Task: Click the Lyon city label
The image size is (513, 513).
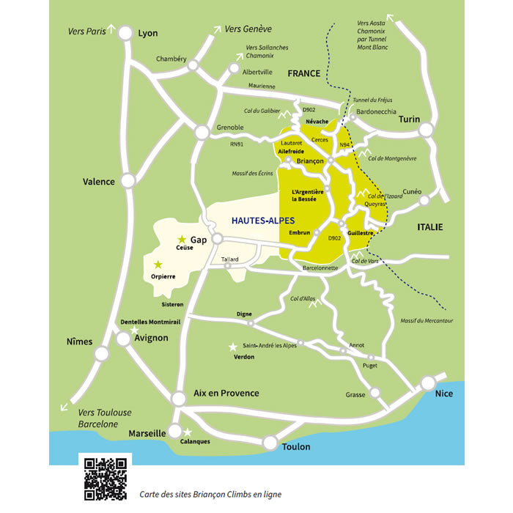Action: [148, 33]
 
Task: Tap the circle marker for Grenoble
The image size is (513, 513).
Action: [202, 132]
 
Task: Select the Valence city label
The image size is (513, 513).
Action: [99, 182]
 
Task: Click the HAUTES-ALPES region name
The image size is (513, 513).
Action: [263, 220]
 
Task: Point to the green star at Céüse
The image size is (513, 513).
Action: [182, 240]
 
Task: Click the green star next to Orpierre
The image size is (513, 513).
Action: [157, 265]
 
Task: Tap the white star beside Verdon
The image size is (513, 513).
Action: [233, 346]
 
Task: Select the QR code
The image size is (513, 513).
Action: [105, 479]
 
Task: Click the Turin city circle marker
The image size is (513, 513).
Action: [426, 130]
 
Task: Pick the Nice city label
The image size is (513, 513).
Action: [444, 394]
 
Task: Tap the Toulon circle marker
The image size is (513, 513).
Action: [270, 443]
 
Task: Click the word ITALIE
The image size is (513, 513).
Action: [430, 227]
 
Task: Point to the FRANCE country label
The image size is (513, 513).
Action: [304, 73]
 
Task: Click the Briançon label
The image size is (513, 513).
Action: [311, 160]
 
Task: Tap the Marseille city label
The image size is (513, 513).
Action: [147, 433]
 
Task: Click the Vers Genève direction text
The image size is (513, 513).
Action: [248, 29]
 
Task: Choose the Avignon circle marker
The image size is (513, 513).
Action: [123, 339]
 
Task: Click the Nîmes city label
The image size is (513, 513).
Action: [79, 342]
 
